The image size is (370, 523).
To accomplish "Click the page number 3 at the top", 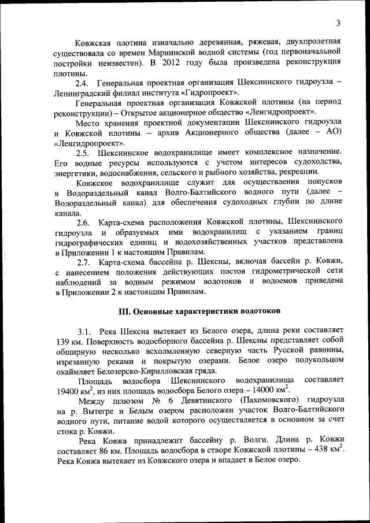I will [x=338, y=23].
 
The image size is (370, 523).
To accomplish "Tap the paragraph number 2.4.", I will [x=86, y=83].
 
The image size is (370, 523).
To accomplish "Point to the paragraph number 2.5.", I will [x=86, y=152].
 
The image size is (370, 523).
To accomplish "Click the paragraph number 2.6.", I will [x=86, y=221].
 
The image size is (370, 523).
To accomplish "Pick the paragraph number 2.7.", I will [x=86, y=261].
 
